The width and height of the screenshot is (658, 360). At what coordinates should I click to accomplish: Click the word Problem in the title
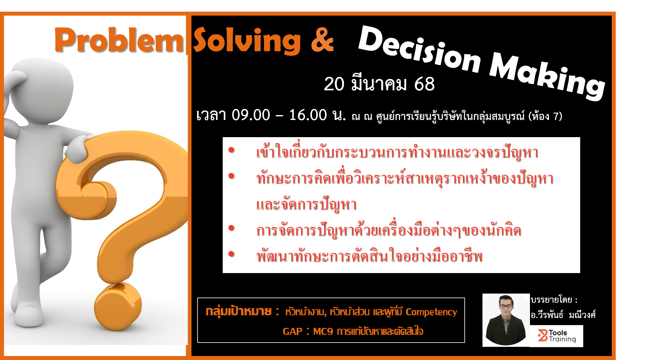[119, 40]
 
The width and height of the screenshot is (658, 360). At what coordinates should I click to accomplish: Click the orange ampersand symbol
[322, 40]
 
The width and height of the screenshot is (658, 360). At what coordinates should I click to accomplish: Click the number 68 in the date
[424, 84]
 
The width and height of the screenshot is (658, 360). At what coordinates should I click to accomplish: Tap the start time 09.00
[251, 115]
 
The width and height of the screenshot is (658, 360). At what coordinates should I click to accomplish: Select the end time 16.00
[308, 115]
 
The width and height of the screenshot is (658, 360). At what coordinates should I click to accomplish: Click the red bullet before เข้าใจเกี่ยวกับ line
[231, 150]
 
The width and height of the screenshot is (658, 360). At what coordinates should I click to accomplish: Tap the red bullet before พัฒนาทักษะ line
[231, 254]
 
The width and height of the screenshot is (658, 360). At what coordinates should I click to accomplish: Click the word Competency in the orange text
[431, 312]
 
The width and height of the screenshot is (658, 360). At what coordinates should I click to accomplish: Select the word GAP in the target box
[293, 332]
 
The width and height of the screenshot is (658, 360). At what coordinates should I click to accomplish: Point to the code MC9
[323, 332]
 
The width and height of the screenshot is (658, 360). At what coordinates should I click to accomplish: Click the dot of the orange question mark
[118, 306]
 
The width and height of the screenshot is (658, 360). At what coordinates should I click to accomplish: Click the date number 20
[334, 84]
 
